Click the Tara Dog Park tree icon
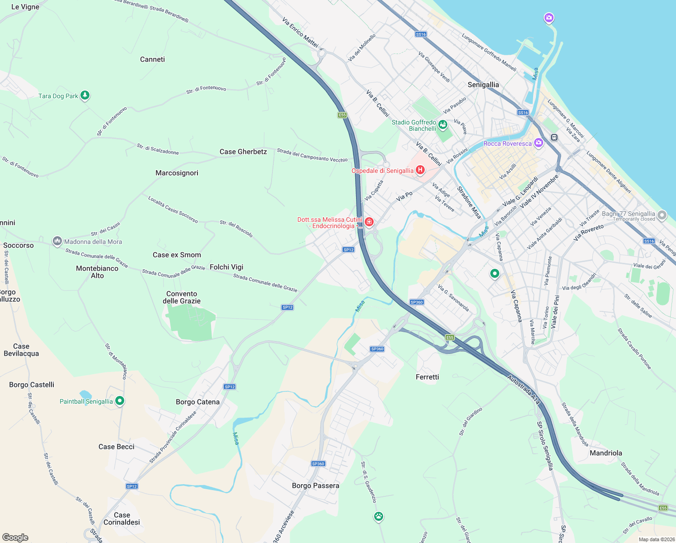click(84, 95)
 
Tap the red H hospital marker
click(420, 170)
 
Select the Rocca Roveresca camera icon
click(538, 143)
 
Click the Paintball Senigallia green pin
click(119, 401)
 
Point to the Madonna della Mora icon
click(57, 241)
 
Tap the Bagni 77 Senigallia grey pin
click(662, 215)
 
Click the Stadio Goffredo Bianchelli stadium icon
click(443, 124)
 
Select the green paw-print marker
click(379, 516)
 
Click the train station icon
click(554, 137)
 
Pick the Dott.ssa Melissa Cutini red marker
click(369, 222)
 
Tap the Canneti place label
click(152, 59)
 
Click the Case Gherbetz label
click(243, 152)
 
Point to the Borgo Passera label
click(315, 486)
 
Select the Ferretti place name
click(427, 377)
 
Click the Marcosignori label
click(177, 173)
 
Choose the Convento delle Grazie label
click(182, 297)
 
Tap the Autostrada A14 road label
click(523, 390)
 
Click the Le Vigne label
click(25, 7)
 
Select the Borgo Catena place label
click(197, 402)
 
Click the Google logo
click(15, 538)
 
